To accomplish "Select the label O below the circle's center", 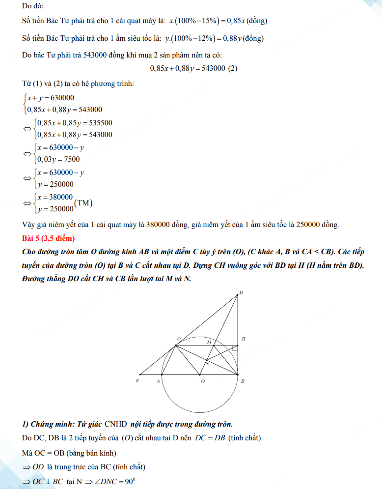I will [x=202, y=381].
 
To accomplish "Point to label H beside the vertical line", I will [x=244, y=339].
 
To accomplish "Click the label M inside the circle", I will [x=209, y=342].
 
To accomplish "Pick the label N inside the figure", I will [x=207, y=364].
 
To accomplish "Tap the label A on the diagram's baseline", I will [x=158, y=381].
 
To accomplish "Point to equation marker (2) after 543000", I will [x=233, y=68].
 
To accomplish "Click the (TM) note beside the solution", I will [x=83, y=202].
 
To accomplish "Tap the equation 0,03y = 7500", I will [x=58, y=159].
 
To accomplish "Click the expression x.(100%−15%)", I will [x=199, y=22].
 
